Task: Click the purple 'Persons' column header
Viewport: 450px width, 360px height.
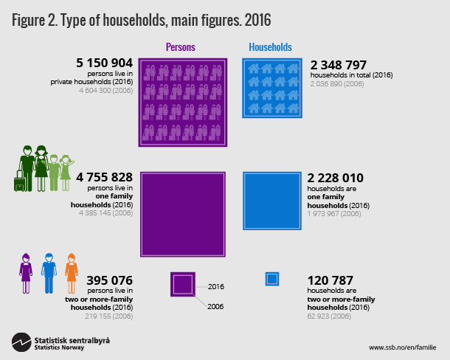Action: tap(181, 47)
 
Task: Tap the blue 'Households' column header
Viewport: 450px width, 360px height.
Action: tap(270, 47)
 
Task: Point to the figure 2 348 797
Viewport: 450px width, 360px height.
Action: tap(345, 65)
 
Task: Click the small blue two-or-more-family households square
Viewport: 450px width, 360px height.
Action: tap(272, 279)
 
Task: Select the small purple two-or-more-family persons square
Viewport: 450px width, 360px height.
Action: tap(183, 284)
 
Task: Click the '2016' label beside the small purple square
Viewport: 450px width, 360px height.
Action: tap(215, 286)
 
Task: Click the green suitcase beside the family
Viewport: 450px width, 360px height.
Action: tap(20, 181)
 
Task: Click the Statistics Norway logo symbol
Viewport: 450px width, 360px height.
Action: tap(21, 343)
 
